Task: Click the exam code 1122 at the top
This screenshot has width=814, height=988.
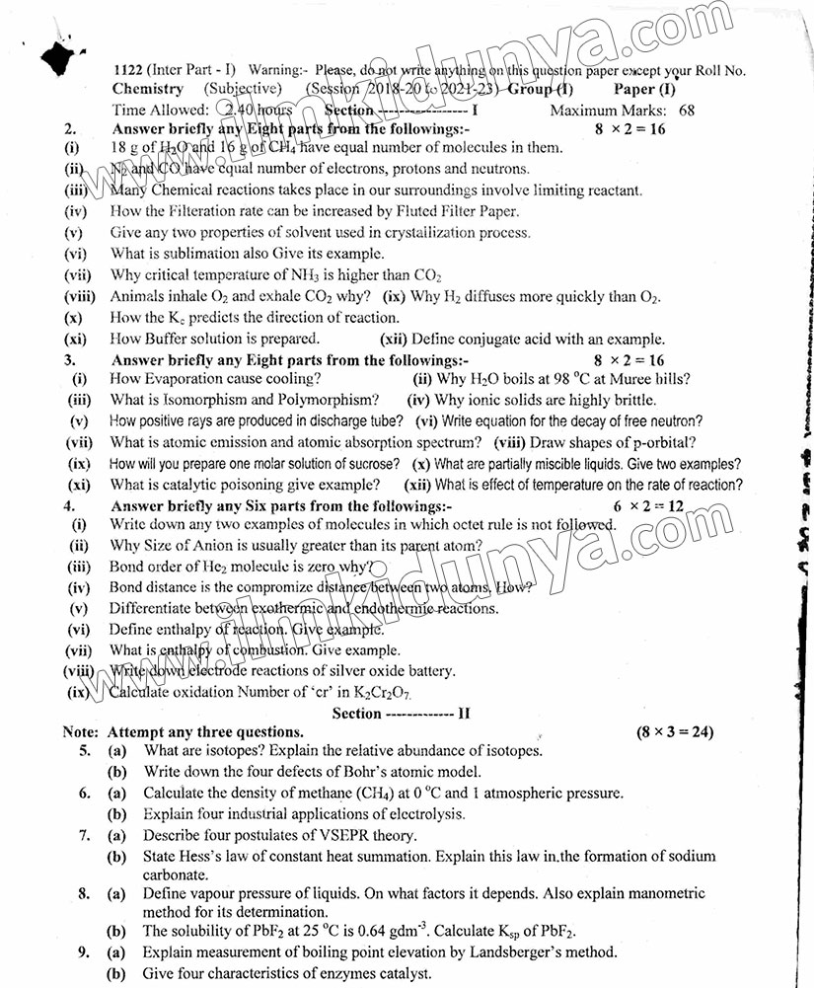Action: click(x=128, y=70)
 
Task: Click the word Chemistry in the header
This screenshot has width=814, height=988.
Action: click(x=147, y=89)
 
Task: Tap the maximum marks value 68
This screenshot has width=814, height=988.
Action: click(x=685, y=111)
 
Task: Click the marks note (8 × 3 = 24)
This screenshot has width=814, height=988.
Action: click(x=675, y=732)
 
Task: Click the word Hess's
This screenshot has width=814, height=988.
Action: click(x=199, y=857)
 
